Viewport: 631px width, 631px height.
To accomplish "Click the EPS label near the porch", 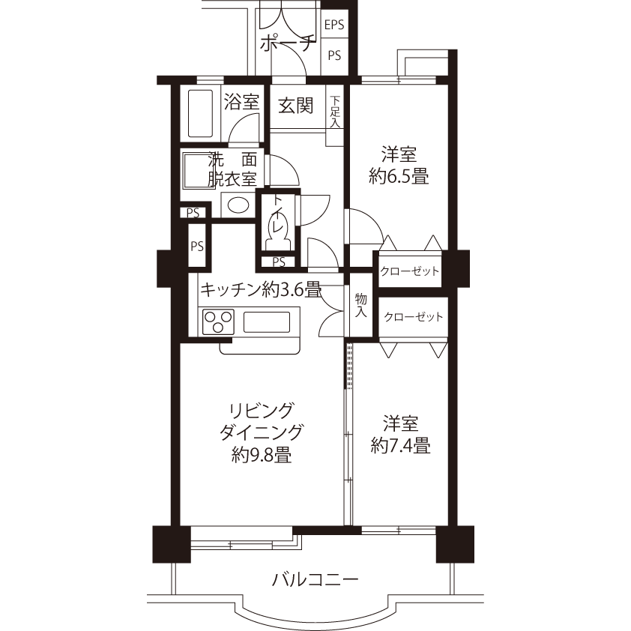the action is (334, 25).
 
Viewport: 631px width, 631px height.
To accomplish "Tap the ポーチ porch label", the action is (286, 44).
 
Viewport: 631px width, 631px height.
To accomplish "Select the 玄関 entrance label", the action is (296, 106).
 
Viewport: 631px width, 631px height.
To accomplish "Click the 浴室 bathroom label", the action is (241, 101).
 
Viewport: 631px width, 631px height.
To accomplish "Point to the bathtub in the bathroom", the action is (200, 113).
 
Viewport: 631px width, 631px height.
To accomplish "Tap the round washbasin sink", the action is (238, 205).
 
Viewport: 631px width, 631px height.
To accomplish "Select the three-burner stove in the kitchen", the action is (219, 321).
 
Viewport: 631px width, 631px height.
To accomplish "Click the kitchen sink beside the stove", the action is (266, 322).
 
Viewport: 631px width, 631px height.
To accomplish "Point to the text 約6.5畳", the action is (399, 176).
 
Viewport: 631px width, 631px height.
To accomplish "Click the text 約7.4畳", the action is (400, 445).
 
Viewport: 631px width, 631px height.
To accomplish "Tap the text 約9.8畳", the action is (262, 455).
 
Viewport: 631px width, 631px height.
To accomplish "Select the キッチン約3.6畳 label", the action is (261, 289).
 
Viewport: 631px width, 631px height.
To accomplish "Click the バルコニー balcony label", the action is (315, 580).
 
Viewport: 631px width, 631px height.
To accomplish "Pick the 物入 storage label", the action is (361, 305).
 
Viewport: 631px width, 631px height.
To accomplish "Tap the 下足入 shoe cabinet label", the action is (335, 112).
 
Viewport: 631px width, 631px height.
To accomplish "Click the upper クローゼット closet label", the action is (410, 271).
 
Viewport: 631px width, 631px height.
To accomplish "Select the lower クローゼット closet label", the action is (414, 317).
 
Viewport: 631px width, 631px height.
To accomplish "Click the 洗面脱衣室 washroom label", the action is (232, 169).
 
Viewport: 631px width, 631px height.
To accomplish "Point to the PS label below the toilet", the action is (279, 262).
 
